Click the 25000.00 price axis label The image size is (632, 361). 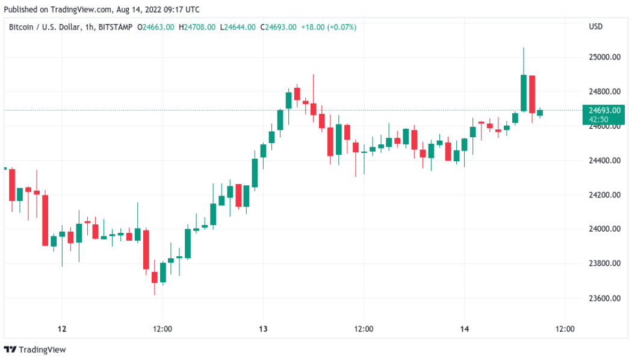[604, 57]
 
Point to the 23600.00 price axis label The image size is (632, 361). [604, 298]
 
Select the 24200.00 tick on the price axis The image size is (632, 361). [604, 195]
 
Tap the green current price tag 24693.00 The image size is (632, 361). [604, 111]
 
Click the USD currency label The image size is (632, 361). [595, 27]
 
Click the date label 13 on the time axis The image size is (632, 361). [262, 329]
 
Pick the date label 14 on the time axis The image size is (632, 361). [463, 329]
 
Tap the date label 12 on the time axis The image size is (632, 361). [61, 329]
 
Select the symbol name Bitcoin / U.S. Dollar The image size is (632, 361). [45, 27]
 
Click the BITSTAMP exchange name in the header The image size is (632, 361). [116, 27]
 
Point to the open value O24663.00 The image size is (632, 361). [156, 27]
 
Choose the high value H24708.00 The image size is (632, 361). [197, 27]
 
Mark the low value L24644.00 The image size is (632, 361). [238, 27]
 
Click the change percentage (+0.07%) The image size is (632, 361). [341, 27]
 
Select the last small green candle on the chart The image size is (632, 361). [540, 113]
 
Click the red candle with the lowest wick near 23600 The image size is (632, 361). [155, 277]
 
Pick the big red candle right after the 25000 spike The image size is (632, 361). [532, 94]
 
